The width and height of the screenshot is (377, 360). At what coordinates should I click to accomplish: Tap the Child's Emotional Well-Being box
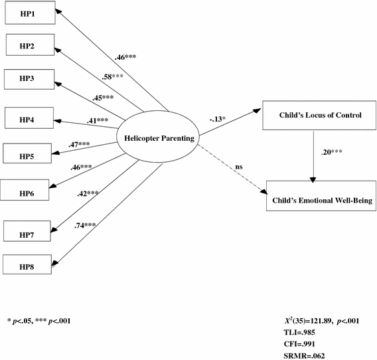point(315,197)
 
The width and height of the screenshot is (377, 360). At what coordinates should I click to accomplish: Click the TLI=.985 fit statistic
point(301,333)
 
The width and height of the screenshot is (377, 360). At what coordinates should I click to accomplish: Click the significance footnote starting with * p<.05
point(39,321)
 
